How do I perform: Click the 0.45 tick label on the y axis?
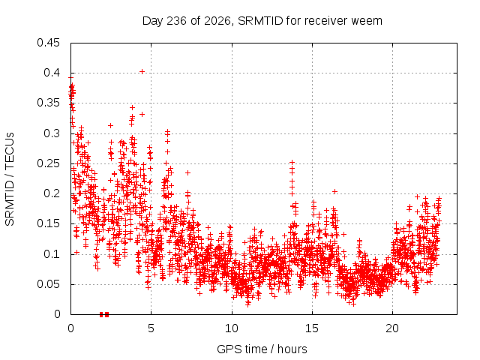click(x=48, y=43)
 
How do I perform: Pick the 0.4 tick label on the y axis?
click(x=52, y=73)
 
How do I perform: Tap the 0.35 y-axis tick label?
click(x=48, y=103)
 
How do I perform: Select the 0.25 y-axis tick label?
click(x=48, y=163)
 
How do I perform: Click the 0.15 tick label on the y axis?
click(x=48, y=223)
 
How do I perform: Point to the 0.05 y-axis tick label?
click(x=48, y=284)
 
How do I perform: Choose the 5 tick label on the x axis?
click(x=151, y=328)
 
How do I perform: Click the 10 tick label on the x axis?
click(x=232, y=328)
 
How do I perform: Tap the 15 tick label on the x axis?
click(x=312, y=328)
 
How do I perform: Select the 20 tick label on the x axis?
click(x=392, y=328)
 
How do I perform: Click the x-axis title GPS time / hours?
click(x=262, y=349)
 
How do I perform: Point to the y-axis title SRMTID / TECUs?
click(x=10, y=179)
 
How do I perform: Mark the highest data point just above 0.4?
click(x=142, y=72)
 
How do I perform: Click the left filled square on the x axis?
click(x=101, y=314)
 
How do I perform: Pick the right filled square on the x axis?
click(x=106, y=314)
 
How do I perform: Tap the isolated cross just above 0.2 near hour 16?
click(x=335, y=192)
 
